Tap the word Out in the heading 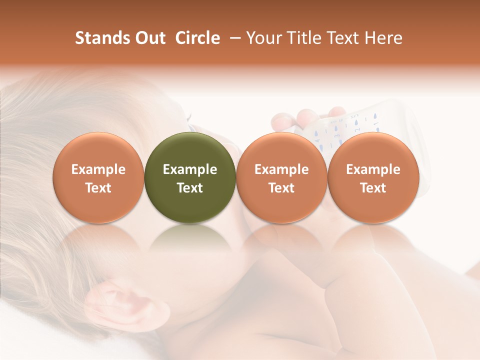coord(149,38)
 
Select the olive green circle coord(190,178)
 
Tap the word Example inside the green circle coord(190,169)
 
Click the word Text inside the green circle coord(190,188)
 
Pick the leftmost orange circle coord(98,178)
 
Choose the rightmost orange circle coord(373,178)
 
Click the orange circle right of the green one coord(281,178)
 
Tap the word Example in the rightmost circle coord(373,169)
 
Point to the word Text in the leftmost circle coord(98,188)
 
